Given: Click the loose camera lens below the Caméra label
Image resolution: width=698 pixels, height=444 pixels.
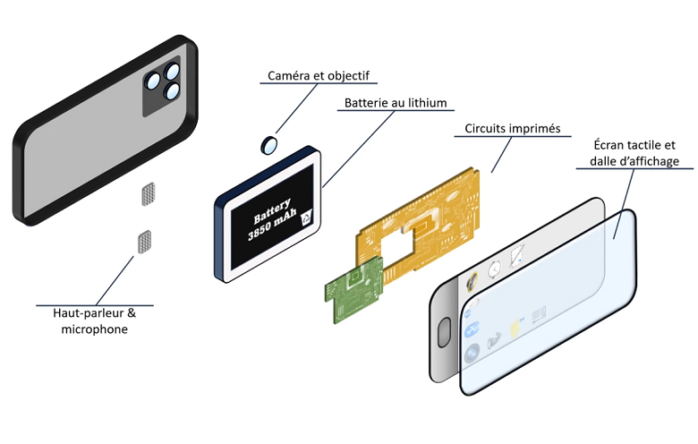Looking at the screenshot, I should click(x=268, y=143).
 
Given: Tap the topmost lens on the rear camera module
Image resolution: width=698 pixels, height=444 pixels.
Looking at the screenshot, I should click(x=171, y=73).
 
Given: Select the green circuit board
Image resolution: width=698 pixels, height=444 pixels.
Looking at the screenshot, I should click(x=353, y=292).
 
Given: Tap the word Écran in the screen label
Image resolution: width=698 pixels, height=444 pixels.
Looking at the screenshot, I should click(x=611, y=145).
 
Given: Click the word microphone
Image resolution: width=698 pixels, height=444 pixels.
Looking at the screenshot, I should click(x=94, y=329).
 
